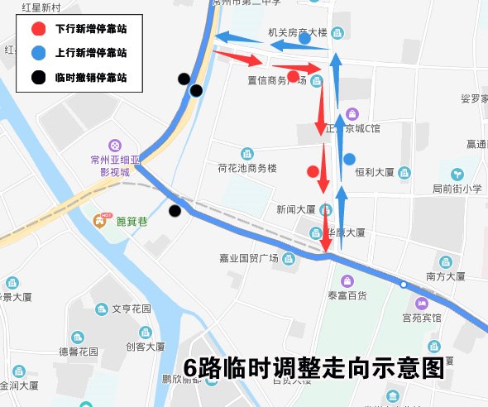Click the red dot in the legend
click(x=37, y=28)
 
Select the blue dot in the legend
click(x=37, y=53)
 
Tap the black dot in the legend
click(x=37, y=79)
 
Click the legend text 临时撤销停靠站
click(x=91, y=79)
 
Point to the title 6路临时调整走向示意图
click(x=314, y=369)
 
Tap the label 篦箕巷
click(x=131, y=221)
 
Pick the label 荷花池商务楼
click(x=246, y=168)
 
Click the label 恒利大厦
click(x=374, y=173)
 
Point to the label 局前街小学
click(x=457, y=189)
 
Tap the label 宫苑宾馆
click(x=422, y=318)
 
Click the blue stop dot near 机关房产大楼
click(x=304, y=38)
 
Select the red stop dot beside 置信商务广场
click(x=293, y=76)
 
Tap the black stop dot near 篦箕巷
click(x=175, y=211)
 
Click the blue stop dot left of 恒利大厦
click(x=349, y=159)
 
